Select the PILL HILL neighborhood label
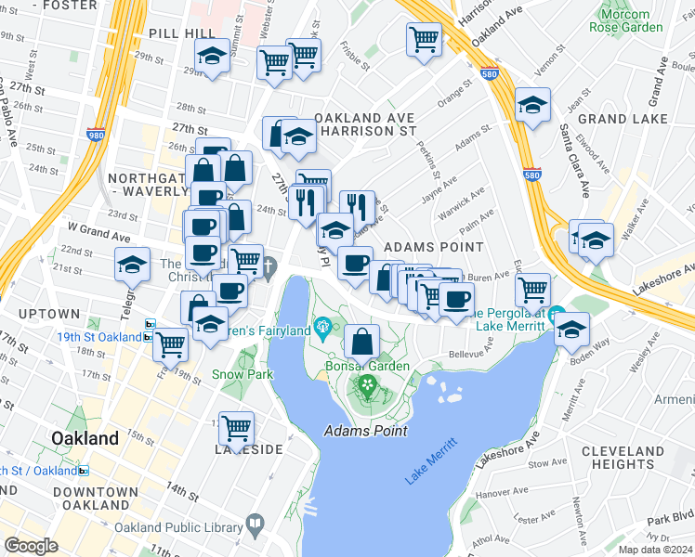click(181, 32)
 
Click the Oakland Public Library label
click(178, 525)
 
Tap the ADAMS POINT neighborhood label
click(433, 247)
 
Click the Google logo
click(31, 545)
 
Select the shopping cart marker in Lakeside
click(237, 428)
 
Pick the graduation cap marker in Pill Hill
click(213, 57)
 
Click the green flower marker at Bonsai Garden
click(368, 384)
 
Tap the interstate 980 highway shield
click(97, 134)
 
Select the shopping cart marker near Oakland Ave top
click(424, 39)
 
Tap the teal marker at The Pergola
click(556, 315)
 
